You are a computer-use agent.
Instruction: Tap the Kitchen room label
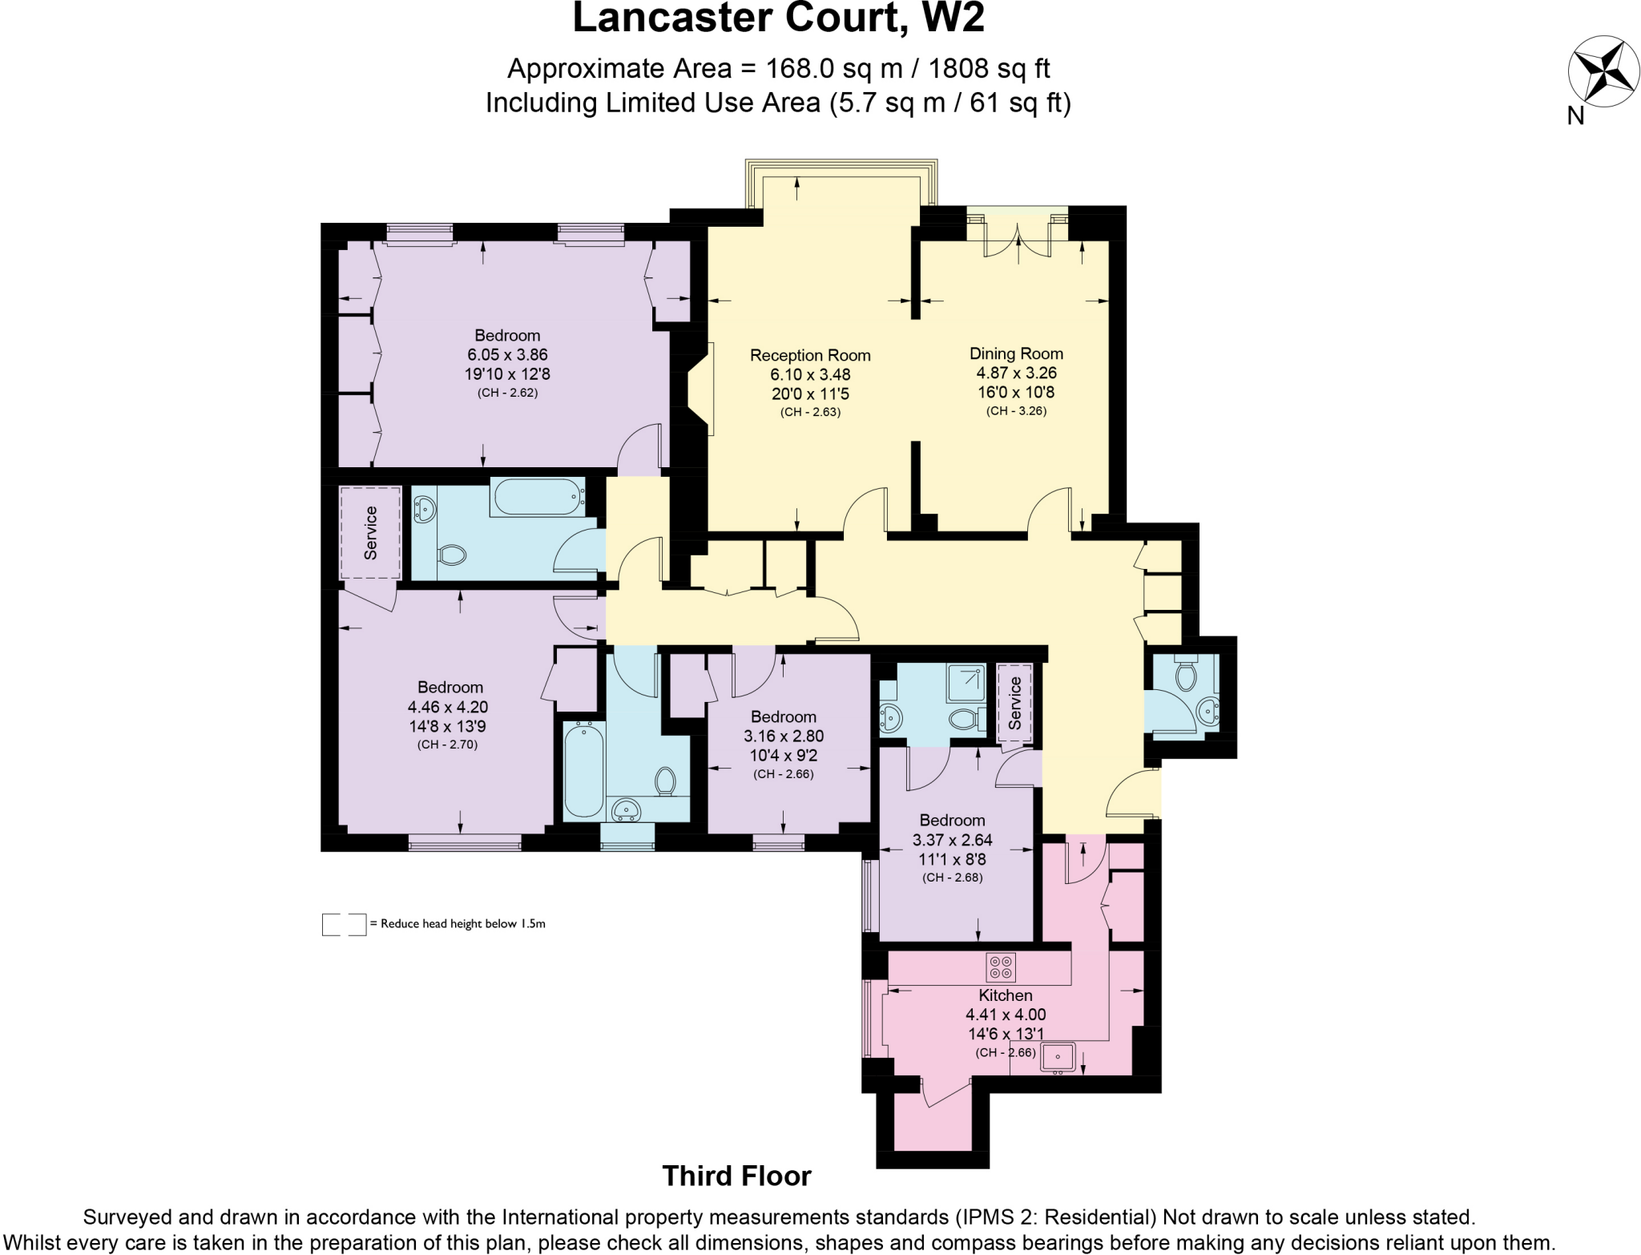pyautogui.click(x=1005, y=995)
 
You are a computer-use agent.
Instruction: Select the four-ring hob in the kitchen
pyautogui.click(x=1000, y=967)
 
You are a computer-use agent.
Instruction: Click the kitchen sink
pyautogui.click(x=1058, y=1057)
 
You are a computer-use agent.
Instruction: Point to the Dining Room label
pyautogui.click(x=1016, y=353)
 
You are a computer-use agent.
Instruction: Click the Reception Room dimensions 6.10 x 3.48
pyautogui.click(x=810, y=374)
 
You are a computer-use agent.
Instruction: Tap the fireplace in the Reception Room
pyautogui.click(x=700, y=389)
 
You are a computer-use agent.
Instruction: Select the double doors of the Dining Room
pyautogui.click(x=1018, y=240)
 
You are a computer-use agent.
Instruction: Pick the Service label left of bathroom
pyautogui.click(x=370, y=533)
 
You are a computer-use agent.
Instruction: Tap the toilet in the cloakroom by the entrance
pyautogui.click(x=1186, y=676)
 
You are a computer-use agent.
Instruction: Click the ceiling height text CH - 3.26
pyautogui.click(x=1016, y=411)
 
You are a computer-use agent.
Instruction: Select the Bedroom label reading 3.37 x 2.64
pyautogui.click(x=952, y=820)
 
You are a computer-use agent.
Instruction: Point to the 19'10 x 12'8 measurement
pyautogui.click(x=507, y=373)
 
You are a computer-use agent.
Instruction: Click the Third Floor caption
pyautogui.click(x=736, y=1176)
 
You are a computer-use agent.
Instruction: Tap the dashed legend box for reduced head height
pyautogui.click(x=344, y=924)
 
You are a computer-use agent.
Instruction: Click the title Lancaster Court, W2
pyautogui.click(x=778, y=19)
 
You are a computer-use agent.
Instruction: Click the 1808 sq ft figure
pyautogui.click(x=989, y=69)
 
